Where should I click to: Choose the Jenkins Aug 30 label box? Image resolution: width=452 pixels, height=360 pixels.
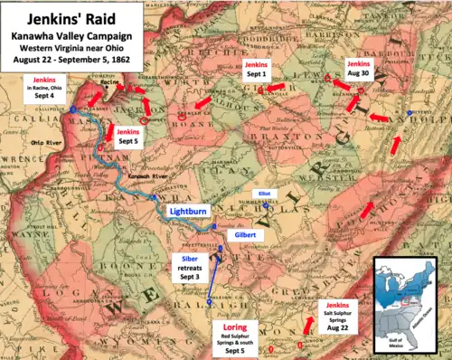click(x=359, y=71)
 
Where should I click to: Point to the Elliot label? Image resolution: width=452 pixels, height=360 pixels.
click(x=263, y=193)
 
